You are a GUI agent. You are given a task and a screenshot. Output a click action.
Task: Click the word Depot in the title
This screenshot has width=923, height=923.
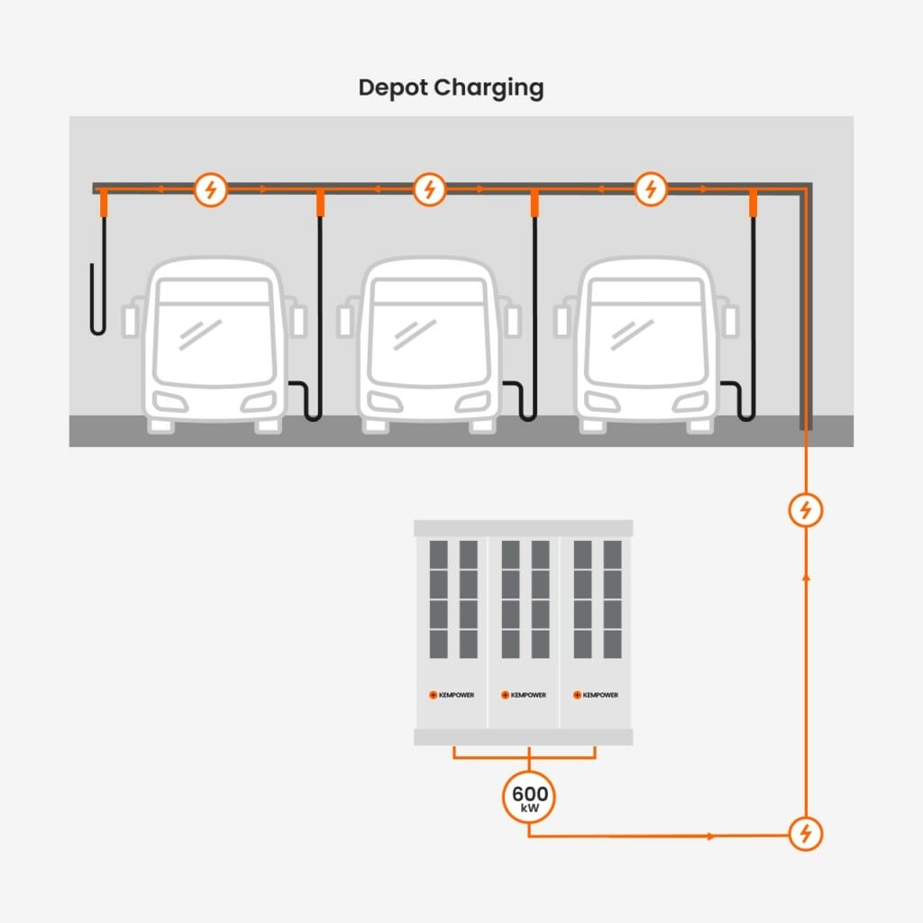393,88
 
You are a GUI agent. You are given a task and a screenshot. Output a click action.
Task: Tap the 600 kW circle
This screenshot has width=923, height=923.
528,797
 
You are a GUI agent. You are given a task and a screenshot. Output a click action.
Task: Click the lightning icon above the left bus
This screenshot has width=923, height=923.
211,189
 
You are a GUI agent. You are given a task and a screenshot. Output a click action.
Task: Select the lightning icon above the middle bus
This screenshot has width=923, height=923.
429,189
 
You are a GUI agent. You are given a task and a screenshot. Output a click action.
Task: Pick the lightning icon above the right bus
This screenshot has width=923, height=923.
650,189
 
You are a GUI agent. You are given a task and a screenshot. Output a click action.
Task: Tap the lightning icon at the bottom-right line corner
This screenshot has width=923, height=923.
806,833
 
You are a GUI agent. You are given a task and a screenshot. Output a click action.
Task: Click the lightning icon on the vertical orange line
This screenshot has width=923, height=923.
806,510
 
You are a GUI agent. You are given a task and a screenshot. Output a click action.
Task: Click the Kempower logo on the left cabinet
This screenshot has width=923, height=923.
451,694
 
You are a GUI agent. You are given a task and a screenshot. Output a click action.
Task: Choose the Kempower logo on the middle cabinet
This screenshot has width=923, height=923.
524,694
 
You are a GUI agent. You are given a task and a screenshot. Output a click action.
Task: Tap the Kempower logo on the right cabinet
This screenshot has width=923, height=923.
597,694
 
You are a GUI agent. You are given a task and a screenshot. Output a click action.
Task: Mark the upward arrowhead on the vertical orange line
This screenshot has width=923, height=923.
806,574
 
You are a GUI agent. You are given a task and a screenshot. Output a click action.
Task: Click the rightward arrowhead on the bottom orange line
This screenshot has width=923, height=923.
713,836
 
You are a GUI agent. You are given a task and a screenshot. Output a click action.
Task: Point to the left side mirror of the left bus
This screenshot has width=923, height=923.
131,320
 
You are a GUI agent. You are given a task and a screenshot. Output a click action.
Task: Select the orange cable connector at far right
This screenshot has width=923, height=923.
753,205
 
